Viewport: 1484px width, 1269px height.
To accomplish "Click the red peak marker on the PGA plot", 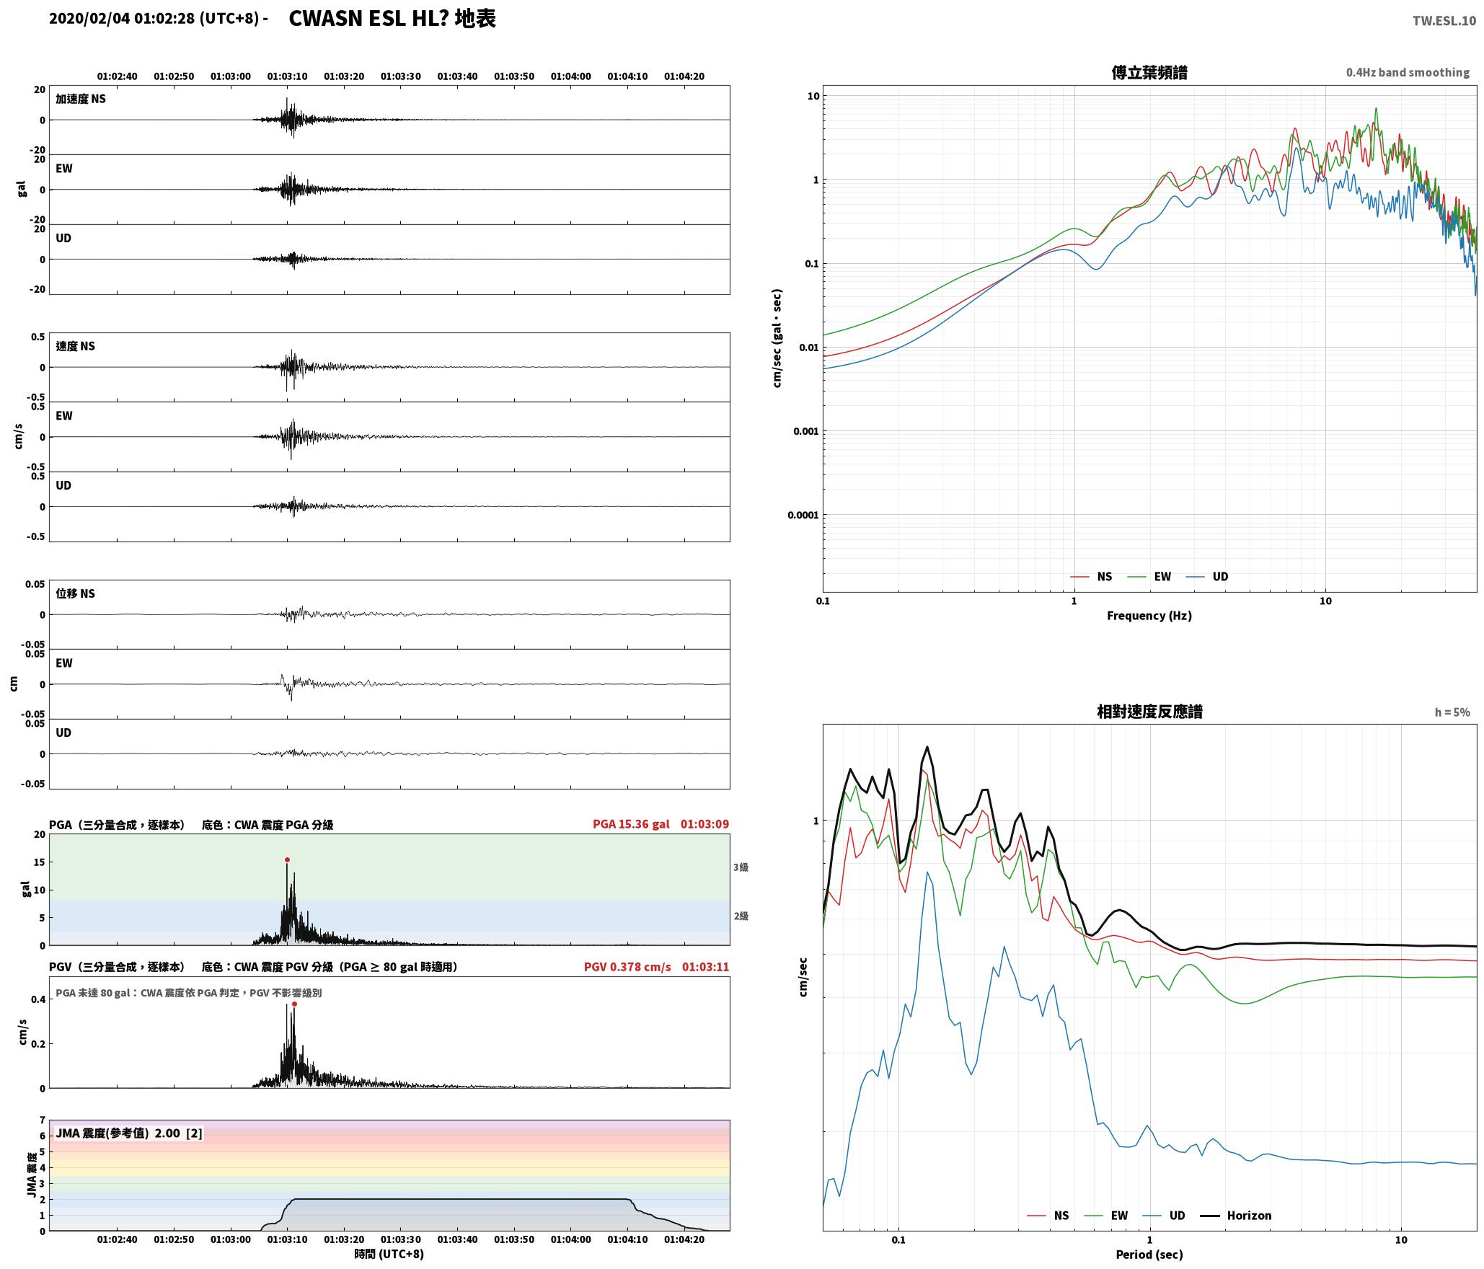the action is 287,859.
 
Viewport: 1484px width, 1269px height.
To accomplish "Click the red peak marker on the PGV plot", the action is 294,1004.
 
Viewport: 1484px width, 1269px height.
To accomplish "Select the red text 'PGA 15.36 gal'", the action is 631,824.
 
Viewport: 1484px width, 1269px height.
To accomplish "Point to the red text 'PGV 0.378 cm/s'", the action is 627,967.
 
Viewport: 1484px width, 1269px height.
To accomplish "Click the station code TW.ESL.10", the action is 1444,21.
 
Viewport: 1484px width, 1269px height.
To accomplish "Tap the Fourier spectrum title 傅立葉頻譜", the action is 1149,73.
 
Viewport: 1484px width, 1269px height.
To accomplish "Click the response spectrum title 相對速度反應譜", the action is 1149,712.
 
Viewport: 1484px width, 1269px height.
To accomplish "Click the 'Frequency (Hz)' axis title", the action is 1149,616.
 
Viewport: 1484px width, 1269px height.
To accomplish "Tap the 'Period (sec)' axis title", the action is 1149,1255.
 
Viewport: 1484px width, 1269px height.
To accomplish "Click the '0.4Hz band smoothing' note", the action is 1408,73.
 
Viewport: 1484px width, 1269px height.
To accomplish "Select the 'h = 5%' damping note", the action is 1452,712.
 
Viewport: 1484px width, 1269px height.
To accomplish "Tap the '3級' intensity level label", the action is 741,867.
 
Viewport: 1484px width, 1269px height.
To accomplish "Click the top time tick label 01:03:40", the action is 457,76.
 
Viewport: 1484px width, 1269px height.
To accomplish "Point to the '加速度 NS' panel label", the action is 81,99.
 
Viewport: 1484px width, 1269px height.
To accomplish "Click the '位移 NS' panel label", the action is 75,593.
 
